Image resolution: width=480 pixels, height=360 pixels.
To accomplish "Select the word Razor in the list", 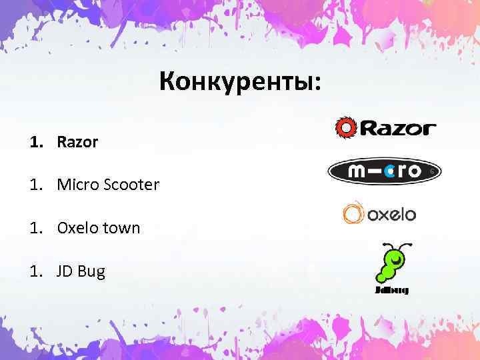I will click(x=77, y=142).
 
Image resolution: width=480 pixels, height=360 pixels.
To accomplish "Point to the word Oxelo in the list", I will click(x=77, y=228).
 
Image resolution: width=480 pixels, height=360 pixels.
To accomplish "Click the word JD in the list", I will click(x=66, y=271).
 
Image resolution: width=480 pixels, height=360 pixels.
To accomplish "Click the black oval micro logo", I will click(x=385, y=171).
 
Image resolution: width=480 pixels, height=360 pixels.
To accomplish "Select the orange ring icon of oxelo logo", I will click(x=352, y=213).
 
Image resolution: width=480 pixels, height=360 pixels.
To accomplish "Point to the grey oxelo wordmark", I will click(x=389, y=215).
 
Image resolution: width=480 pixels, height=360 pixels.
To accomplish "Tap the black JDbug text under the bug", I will click(x=391, y=291).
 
